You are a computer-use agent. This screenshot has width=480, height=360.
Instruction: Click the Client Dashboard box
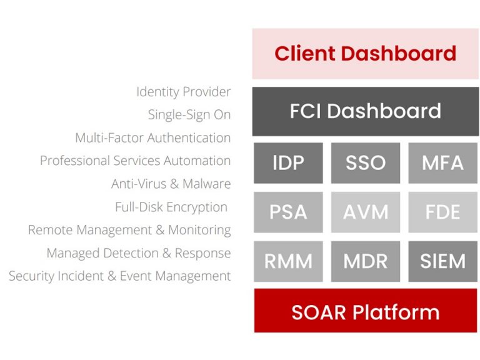point(366,54)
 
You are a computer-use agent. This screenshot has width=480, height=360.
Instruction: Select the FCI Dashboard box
point(366,111)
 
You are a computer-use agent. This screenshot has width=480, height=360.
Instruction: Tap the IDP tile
point(288,163)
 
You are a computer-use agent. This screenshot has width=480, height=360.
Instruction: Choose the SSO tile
point(366,163)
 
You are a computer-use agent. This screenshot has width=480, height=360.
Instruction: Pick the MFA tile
point(443,163)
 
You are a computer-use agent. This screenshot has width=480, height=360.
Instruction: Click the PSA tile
point(288,212)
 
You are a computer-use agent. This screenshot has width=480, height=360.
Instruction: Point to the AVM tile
point(366,212)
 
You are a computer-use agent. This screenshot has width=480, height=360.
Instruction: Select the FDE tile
point(443,212)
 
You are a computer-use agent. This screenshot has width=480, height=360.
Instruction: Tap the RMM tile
point(288,261)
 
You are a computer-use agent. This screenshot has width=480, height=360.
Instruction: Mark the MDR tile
point(366,261)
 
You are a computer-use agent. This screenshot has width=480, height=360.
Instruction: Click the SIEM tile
point(443,261)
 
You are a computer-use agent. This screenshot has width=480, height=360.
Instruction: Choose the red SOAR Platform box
point(366,311)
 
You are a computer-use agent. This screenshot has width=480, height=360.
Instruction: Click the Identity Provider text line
point(183,92)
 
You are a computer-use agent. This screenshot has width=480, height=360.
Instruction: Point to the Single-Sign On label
point(189,115)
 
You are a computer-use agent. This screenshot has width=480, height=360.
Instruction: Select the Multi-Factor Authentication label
point(152,137)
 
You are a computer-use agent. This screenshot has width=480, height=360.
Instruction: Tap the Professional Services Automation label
point(135,161)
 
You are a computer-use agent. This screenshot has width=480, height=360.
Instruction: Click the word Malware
point(207,184)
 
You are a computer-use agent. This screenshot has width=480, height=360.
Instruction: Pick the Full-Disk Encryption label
point(171,207)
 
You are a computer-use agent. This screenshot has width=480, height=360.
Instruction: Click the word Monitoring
point(199,230)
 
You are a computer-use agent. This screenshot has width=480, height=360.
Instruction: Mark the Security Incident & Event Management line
point(120,276)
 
